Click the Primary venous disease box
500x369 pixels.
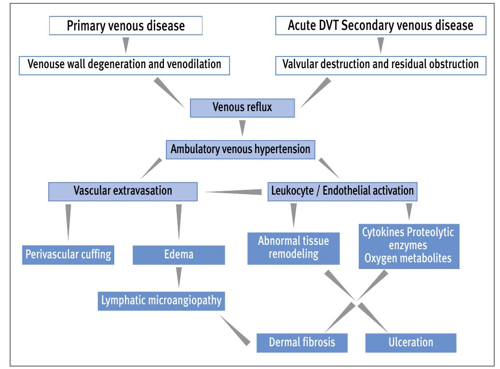[125, 26]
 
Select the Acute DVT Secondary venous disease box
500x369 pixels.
[380, 26]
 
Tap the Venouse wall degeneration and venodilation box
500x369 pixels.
[124, 64]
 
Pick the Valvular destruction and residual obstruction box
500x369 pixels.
[380, 64]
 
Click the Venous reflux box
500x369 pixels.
[242, 108]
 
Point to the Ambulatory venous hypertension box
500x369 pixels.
[240, 149]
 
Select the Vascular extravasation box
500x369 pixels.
[122, 191]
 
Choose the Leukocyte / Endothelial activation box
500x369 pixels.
[342, 191]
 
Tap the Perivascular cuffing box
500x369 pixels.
[68, 254]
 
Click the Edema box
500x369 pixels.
[178, 255]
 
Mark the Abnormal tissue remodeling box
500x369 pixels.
[293, 248]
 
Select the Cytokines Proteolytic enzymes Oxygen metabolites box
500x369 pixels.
[408, 245]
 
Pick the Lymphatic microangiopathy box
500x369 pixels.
[161, 300]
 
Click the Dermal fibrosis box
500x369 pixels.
[301, 342]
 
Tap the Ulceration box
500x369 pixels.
[410, 342]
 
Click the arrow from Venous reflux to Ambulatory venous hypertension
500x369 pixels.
[242, 128]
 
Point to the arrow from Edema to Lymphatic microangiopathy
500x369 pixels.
[179, 277]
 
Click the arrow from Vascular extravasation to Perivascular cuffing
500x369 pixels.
[68, 222]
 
